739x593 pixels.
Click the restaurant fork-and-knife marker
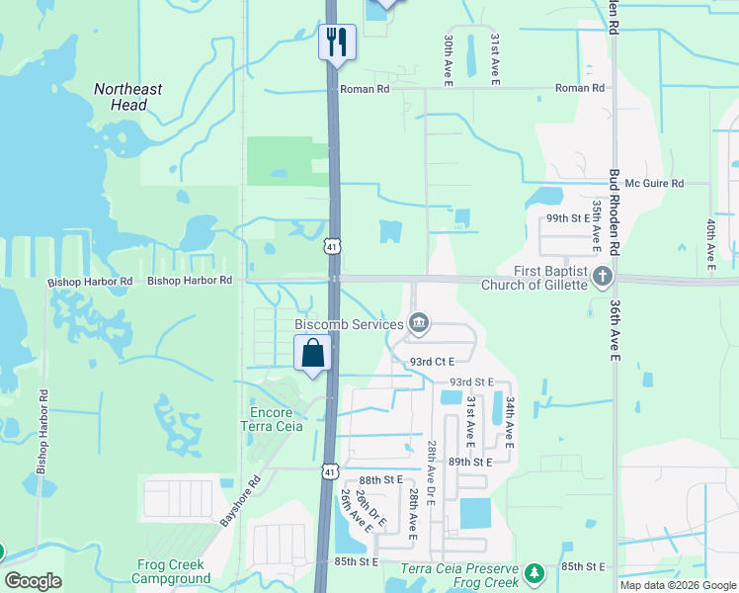tap(338, 42)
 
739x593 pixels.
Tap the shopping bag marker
tap(312, 352)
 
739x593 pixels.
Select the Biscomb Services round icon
tap(419, 322)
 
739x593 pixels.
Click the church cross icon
tap(603, 276)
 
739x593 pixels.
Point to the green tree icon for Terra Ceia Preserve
tap(534, 573)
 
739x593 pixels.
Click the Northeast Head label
tap(128, 97)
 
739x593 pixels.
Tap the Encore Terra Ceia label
tap(267, 419)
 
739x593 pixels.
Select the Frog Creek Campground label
tap(173, 572)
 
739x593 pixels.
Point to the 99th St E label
tap(568, 217)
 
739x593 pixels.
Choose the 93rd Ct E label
tap(432, 363)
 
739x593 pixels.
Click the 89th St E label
tap(470, 462)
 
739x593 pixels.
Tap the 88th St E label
tap(381, 479)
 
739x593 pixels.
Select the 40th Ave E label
tap(710, 242)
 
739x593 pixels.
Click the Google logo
tap(33, 581)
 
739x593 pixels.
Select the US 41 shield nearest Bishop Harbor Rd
tap(333, 244)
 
